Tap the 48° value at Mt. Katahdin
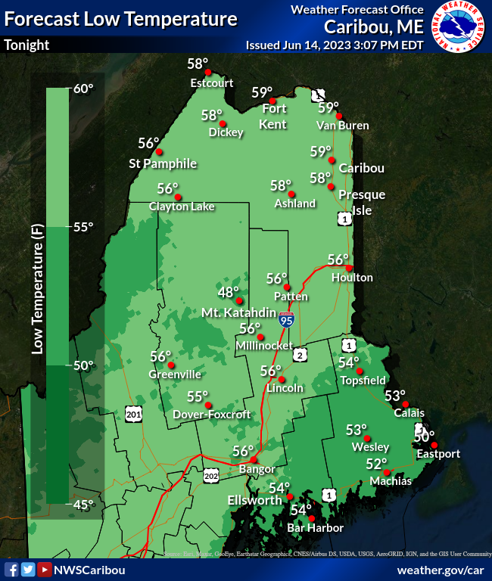click(x=229, y=291)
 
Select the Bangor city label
click(x=257, y=469)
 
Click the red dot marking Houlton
click(x=349, y=268)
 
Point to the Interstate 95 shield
click(x=285, y=318)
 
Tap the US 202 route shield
click(x=211, y=475)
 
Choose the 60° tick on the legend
click(x=83, y=89)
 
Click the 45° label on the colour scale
click(x=83, y=504)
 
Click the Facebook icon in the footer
click(x=11, y=569)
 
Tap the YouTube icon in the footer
click(x=45, y=569)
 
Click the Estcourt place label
click(x=212, y=83)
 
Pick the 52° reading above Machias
click(x=376, y=464)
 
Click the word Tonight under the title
click(x=26, y=45)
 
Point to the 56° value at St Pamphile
click(x=149, y=143)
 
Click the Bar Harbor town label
click(x=316, y=528)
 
